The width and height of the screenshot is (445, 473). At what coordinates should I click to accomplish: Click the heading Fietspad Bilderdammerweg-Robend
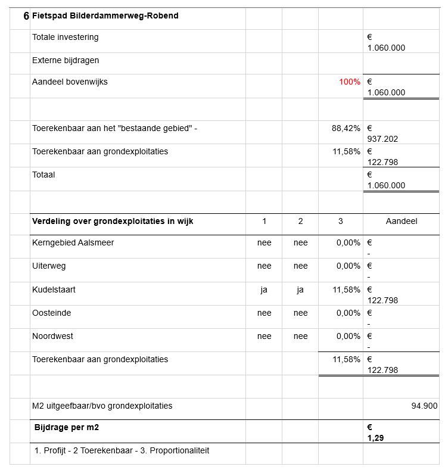(x=105, y=16)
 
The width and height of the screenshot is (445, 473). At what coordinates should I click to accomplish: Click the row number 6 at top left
(x=26, y=16)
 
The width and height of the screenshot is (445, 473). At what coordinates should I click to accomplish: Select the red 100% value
(x=350, y=82)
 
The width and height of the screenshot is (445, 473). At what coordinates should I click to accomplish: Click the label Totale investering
(x=66, y=38)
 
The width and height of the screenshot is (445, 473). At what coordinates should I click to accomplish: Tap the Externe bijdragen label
(x=66, y=61)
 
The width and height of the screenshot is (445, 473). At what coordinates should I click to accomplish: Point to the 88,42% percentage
(x=346, y=128)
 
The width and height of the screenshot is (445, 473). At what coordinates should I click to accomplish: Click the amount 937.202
(x=382, y=139)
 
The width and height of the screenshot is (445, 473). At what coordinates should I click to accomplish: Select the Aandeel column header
(x=402, y=221)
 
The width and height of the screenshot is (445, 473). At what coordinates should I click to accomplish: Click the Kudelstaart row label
(x=54, y=290)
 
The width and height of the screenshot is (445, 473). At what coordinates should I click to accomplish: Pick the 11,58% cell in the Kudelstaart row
(x=346, y=290)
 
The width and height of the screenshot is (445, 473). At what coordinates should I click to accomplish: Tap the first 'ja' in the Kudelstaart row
(x=264, y=290)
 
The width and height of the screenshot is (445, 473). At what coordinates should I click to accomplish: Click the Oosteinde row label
(x=51, y=313)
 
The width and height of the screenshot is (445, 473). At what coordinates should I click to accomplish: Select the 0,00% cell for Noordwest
(x=348, y=337)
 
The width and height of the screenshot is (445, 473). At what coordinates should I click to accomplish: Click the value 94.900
(x=424, y=406)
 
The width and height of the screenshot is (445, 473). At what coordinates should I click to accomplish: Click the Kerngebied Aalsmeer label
(x=73, y=243)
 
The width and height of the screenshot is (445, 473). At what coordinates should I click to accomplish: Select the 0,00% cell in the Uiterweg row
(x=348, y=266)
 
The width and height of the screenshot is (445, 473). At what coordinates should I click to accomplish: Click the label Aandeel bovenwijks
(x=70, y=82)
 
